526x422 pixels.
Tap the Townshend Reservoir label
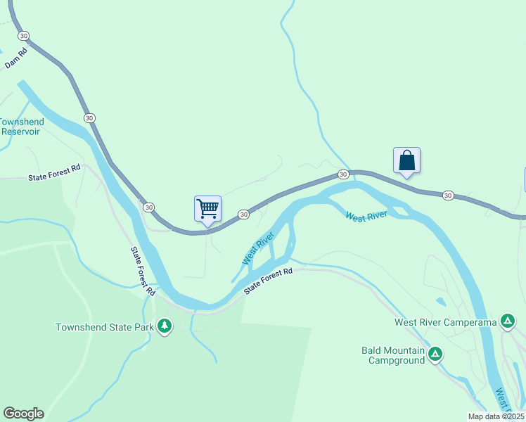21,127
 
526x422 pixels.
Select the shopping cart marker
207,209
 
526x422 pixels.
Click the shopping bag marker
406,161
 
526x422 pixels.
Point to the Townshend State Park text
105,327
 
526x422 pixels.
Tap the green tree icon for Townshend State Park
165,325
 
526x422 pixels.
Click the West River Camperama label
445,323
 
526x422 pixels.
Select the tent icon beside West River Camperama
508,322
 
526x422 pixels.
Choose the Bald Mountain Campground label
393,355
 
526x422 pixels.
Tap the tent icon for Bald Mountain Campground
435,354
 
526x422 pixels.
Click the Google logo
23,414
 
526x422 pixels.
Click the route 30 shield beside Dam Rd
24,35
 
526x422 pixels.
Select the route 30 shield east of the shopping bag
448,195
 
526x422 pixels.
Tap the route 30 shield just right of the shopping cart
243,214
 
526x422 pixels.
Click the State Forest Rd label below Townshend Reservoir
55,174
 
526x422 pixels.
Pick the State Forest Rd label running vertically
142,271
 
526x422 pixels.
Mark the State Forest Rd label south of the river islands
268,281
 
